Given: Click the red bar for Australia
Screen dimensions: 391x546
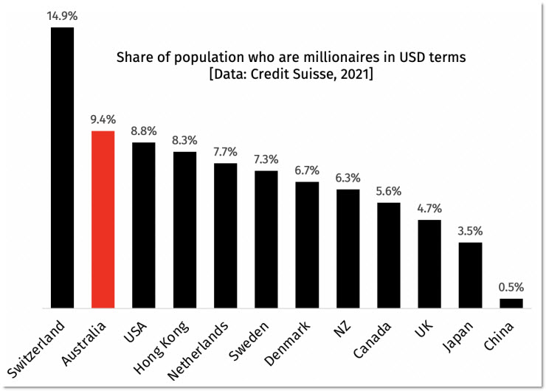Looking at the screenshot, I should [x=103, y=219].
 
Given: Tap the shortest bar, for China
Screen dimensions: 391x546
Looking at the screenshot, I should [x=511, y=303].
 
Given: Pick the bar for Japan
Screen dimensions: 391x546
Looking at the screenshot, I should [x=471, y=275].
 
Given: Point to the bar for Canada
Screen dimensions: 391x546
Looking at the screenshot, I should [x=389, y=255].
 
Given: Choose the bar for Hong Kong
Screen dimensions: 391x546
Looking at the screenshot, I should [x=184, y=229].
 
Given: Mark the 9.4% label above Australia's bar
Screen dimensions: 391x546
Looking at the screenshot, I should [x=103, y=118].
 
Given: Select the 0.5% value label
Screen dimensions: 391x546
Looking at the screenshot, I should [x=511, y=286].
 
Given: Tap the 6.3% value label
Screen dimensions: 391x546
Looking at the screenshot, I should [x=348, y=177].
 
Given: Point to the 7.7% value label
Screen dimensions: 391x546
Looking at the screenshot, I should [x=225, y=151].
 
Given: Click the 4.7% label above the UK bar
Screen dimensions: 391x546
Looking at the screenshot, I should [x=429, y=207].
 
